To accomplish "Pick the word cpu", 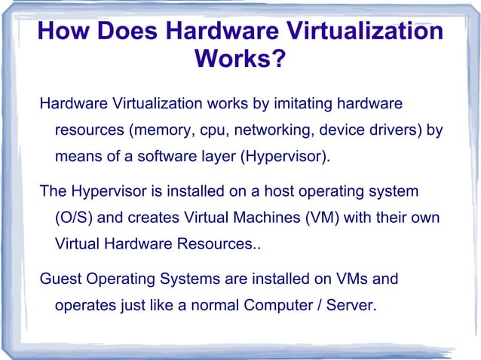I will (212, 130).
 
